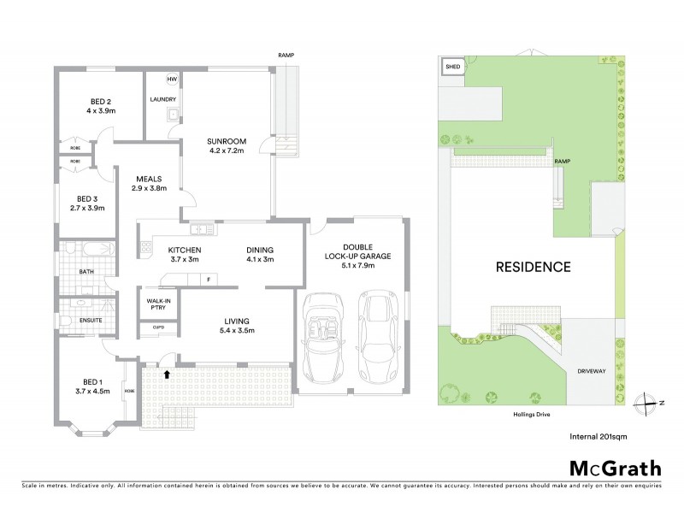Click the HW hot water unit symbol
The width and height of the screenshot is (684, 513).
pyautogui.click(x=172, y=80)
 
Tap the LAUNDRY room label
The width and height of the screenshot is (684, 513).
pyautogui.click(x=162, y=99)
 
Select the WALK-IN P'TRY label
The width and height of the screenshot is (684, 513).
pyautogui.click(x=156, y=304)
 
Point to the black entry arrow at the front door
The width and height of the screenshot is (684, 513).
pyautogui.click(x=168, y=373)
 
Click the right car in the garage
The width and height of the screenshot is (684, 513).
pyautogui.click(x=377, y=338)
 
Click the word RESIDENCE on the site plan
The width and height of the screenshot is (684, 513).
pyautogui.click(x=534, y=267)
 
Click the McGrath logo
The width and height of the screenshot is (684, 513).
pyautogui.click(x=615, y=468)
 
